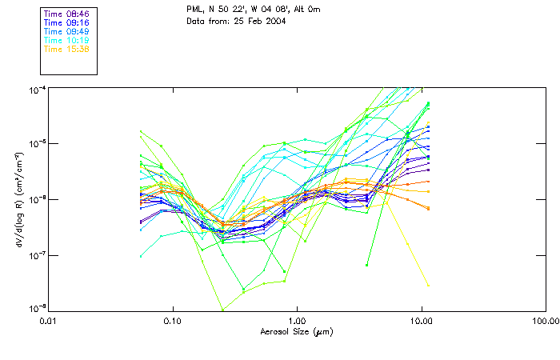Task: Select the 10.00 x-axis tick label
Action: (x=422, y=321)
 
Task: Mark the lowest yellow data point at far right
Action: (x=429, y=285)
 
